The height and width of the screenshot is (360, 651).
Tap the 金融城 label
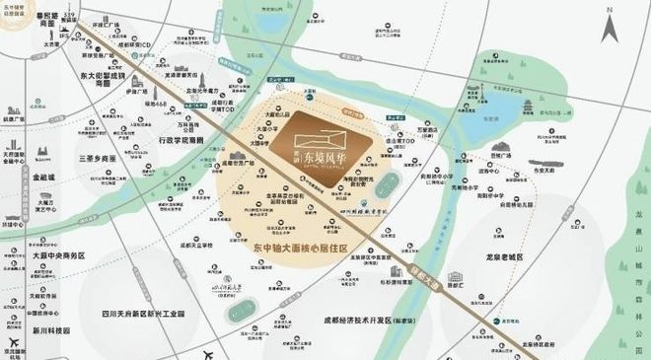(x=48, y=181)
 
